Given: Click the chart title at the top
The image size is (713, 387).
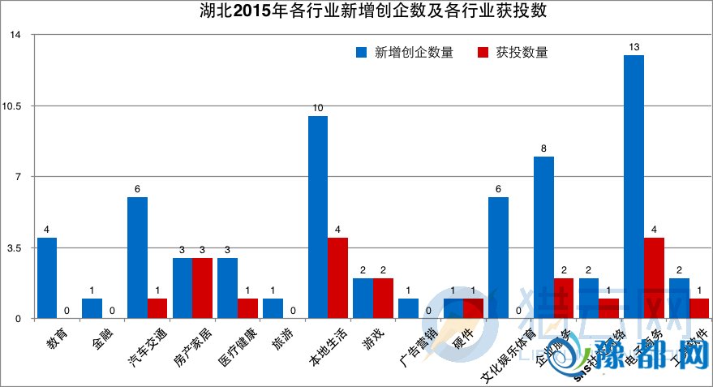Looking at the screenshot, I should click(x=356, y=11).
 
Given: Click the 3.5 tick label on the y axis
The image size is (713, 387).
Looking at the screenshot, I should click(x=18, y=247).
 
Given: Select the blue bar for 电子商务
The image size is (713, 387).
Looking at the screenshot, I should click(x=634, y=187).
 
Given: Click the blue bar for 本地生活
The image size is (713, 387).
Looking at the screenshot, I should click(x=317, y=217).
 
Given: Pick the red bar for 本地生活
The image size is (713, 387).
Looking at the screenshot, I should click(x=337, y=277).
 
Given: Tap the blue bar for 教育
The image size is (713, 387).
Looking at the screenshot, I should click(x=47, y=277).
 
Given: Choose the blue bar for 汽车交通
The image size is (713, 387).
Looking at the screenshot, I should click(x=137, y=257).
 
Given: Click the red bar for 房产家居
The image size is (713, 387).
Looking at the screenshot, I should click(x=202, y=288).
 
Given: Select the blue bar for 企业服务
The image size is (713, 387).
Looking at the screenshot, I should click(x=543, y=237).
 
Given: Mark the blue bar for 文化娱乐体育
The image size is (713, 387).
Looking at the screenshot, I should click(x=498, y=257).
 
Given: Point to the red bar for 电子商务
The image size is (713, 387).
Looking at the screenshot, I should click(x=654, y=277).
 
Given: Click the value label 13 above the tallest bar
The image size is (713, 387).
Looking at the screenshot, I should click(x=634, y=46).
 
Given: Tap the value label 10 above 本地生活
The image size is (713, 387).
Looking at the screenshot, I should click(x=317, y=108).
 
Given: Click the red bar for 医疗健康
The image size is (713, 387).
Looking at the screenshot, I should click(x=247, y=308).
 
